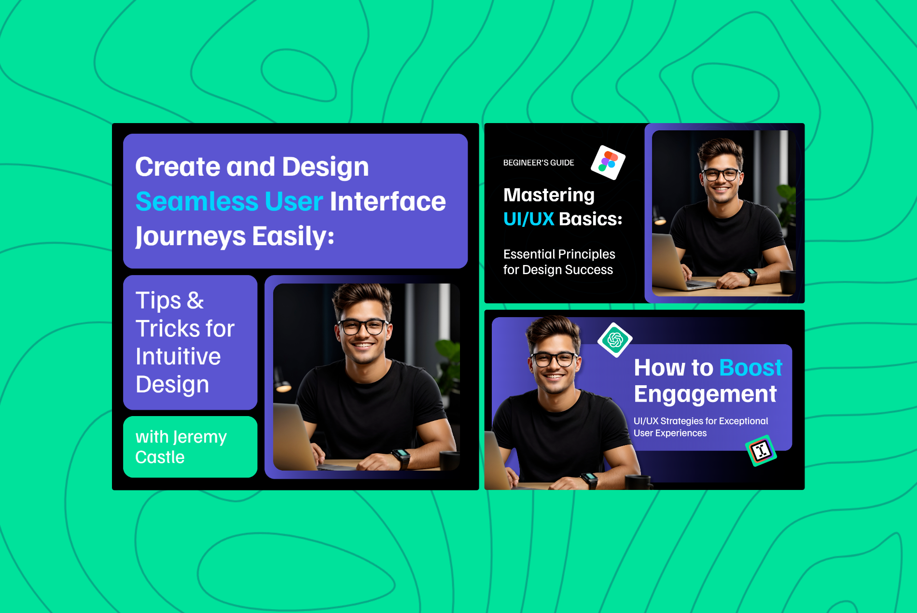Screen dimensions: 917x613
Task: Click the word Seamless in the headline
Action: click(197, 201)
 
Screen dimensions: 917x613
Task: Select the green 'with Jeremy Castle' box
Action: click(190, 447)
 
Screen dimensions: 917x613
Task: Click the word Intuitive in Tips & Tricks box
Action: click(178, 357)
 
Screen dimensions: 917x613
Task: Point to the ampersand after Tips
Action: click(195, 301)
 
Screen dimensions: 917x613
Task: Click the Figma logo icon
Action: click(608, 162)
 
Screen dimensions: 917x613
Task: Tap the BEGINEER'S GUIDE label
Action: click(539, 163)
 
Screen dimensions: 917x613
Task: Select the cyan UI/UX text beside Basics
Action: click(528, 219)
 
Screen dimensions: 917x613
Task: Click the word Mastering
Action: click(549, 195)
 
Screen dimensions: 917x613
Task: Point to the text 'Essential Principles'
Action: click(559, 254)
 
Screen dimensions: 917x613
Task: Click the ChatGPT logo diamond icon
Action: click(615, 340)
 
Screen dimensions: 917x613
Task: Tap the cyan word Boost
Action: click(750, 368)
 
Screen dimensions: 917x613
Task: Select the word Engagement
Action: click(705, 394)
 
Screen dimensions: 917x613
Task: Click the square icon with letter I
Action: click(761, 451)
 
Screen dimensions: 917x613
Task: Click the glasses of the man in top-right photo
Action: click(721, 174)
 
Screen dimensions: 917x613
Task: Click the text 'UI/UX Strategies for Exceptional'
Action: click(701, 421)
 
